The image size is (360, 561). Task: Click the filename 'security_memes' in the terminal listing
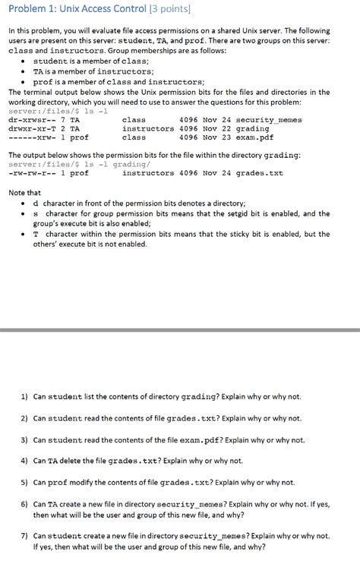pyautogui.click(x=269, y=120)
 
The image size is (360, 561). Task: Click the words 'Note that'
pyautogui.click(x=24, y=193)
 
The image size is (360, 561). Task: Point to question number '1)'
pyautogui.click(x=24, y=397)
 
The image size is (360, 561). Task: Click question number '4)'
pyautogui.click(x=24, y=461)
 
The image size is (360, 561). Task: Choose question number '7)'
pyautogui.click(x=24, y=535)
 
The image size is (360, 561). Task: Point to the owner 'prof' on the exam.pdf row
pyautogui.click(x=79, y=138)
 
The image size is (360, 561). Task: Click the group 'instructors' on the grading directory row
pyautogui.click(x=147, y=129)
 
